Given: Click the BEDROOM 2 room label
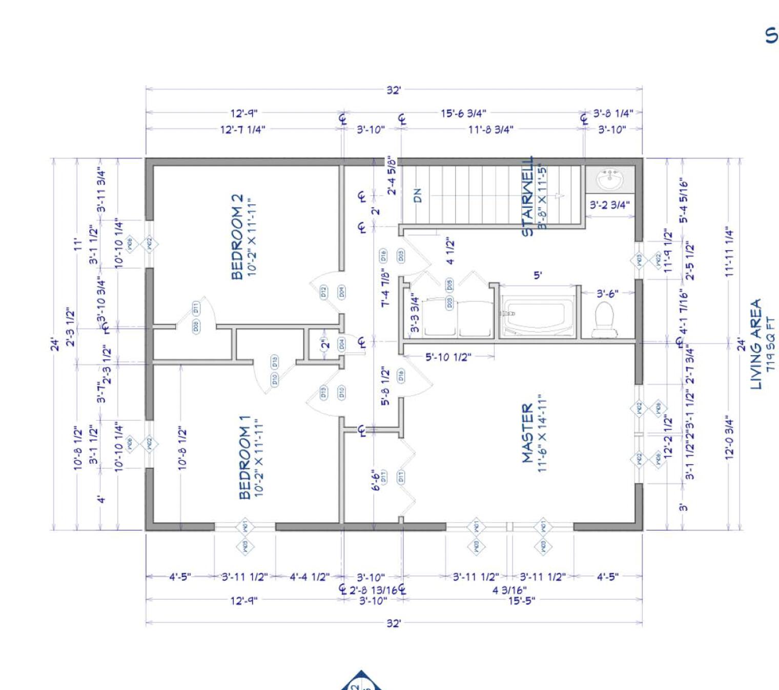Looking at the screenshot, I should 237,236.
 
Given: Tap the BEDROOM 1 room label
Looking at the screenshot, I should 245,457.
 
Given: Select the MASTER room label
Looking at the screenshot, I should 528,433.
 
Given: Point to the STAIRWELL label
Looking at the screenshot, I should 528,197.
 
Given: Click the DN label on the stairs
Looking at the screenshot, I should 418,195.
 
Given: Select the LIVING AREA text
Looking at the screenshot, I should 756,344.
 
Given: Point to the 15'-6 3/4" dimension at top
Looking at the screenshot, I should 463,113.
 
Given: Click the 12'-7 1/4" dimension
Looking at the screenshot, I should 242,130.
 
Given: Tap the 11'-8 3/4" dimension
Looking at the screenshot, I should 490,130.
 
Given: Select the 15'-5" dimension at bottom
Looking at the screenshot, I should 521,600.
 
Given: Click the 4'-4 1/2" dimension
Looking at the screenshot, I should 310,577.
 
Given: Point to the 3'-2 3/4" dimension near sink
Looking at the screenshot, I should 609,205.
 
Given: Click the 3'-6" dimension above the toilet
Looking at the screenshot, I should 607,293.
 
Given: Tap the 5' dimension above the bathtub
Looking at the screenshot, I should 538,275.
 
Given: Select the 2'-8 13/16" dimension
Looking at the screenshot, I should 373,590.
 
